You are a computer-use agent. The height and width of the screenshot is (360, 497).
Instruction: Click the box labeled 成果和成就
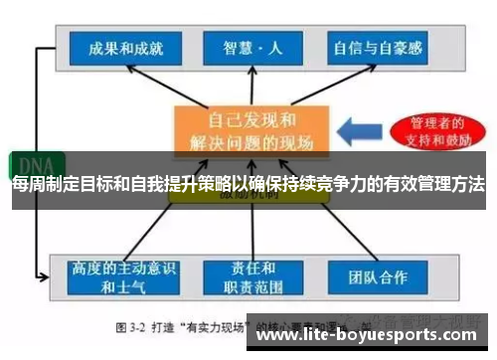(125, 46)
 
